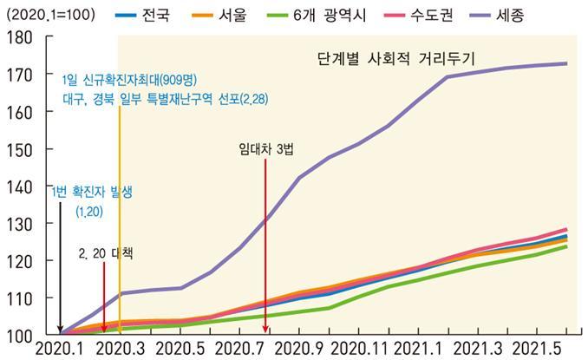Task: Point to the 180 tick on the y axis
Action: (18, 38)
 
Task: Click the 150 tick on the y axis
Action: (18, 149)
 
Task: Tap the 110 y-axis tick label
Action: (18, 298)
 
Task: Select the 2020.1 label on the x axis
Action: (60, 349)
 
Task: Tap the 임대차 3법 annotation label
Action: (266, 148)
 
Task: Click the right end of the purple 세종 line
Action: (566, 63)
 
